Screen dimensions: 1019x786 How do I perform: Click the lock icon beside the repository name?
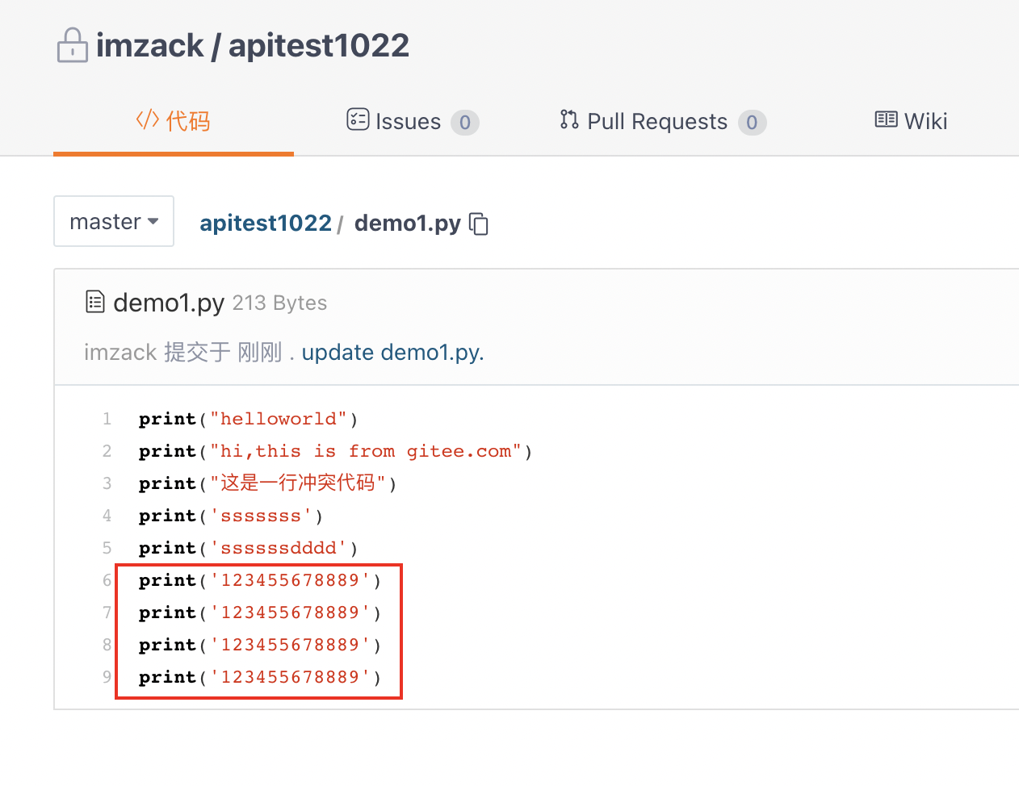tap(72, 45)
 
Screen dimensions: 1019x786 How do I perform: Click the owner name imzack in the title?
tap(150, 45)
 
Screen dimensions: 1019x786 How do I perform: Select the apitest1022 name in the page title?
tap(319, 45)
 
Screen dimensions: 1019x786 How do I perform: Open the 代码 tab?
tap(173, 121)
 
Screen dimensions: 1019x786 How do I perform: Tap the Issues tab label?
tap(408, 122)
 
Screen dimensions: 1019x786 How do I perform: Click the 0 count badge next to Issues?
tap(464, 123)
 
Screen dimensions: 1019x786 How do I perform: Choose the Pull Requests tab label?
tap(656, 122)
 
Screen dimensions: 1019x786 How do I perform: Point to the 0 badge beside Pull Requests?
tap(752, 123)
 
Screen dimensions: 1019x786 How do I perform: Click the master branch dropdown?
tap(114, 221)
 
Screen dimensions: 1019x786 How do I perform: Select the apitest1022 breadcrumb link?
tap(266, 223)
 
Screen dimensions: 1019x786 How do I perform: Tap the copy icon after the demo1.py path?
tap(479, 224)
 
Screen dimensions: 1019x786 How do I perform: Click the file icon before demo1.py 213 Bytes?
tap(95, 303)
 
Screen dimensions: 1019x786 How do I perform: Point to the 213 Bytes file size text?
tap(279, 303)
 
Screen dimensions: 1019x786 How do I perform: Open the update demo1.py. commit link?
tap(392, 353)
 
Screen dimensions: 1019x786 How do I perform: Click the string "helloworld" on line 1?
tap(279, 419)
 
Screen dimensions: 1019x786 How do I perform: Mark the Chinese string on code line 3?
tap(298, 483)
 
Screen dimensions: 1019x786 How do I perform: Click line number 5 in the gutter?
tap(107, 548)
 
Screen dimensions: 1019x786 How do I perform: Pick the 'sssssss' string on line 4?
tap(261, 516)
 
